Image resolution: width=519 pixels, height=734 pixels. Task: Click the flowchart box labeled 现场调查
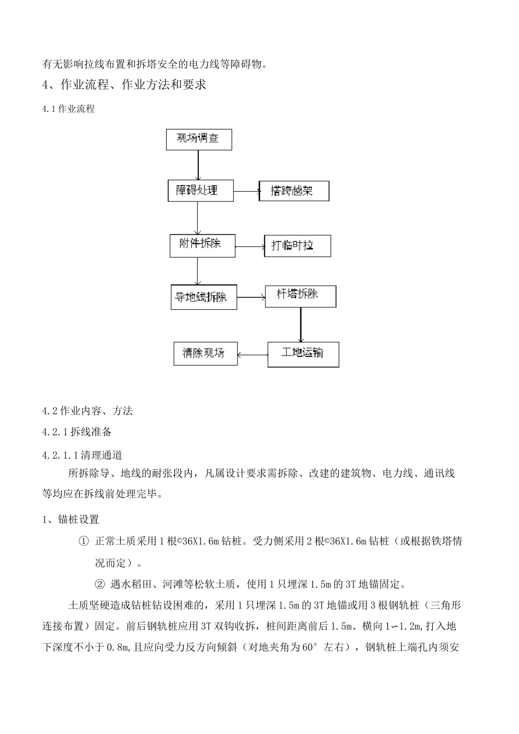tap(199, 139)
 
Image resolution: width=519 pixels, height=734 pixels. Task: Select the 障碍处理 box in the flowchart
tap(200, 191)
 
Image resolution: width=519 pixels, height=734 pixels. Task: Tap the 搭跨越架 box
tap(294, 191)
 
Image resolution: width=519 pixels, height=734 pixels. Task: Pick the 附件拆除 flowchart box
tap(202, 245)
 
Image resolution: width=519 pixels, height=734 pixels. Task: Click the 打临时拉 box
tap(297, 246)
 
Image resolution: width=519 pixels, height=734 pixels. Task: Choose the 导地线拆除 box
tap(203, 298)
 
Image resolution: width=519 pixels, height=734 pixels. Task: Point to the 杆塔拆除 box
tap(300, 296)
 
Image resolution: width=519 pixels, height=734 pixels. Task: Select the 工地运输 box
tap(303, 354)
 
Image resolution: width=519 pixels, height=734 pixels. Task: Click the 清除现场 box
tap(205, 353)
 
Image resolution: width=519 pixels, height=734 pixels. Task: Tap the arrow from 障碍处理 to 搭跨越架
tap(246, 191)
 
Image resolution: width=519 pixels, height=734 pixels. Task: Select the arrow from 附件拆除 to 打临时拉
tap(250, 247)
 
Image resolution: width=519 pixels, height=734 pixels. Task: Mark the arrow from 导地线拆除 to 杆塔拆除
tap(251, 298)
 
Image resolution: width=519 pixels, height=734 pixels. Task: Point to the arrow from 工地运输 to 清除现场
tap(252, 354)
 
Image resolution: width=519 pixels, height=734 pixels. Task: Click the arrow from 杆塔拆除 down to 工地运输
tap(300, 324)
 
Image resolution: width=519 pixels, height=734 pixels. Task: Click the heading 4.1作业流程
tap(68, 109)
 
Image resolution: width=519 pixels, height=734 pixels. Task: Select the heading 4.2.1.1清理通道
tap(82, 455)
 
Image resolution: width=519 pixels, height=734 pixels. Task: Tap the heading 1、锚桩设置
tap(70, 519)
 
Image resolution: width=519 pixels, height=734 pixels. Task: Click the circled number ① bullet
tap(84, 541)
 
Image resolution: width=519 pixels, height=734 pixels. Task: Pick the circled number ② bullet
tap(99, 584)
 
